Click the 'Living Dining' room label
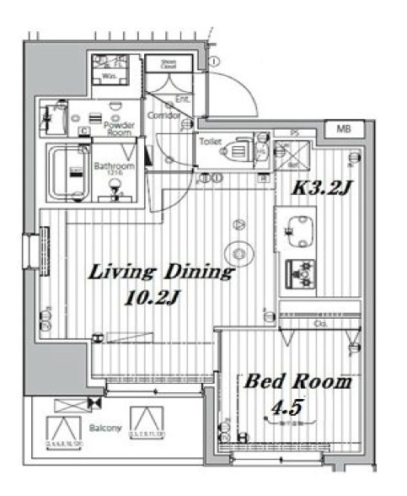click(x=160, y=272)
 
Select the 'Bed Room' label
click(x=297, y=381)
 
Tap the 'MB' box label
click(x=344, y=129)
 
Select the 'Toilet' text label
click(x=210, y=142)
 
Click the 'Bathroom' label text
click(x=114, y=166)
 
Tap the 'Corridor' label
click(x=163, y=116)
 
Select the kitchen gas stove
click(x=301, y=271)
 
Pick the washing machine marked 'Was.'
click(x=110, y=73)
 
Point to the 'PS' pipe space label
click(x=294, y=132)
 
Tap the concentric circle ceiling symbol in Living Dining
click(x=239, y=253)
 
